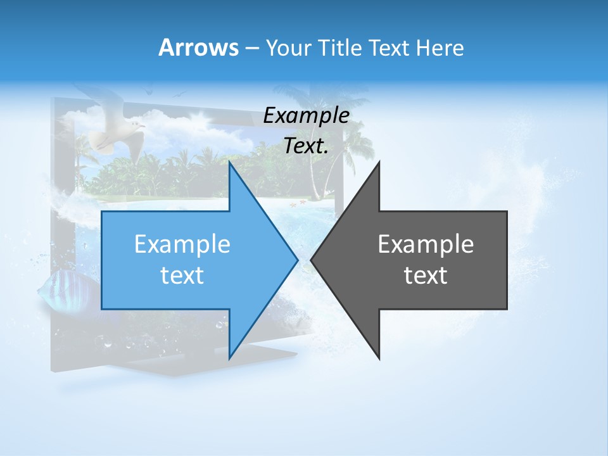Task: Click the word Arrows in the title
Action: pyautogui.click(x=198, y=47)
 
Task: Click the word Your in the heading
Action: pyautogui.click(x=288, y=48)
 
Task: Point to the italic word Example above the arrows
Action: pyautogui.click(x=307, y=115)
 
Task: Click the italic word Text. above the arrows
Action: pyautogui.click(x=307, y=146)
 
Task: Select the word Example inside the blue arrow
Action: pyautogui.click(x=182, y=244)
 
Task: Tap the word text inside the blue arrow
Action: pyautogui.click(x=182, y=275)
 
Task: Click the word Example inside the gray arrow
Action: pyautogui.click(x=426, y=244)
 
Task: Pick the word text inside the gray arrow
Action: pyautogui.click(x=426, y=275)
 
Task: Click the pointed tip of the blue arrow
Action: pyautogui.click(x=296, y=260)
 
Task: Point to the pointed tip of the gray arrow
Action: pyautogui.click(x=312, y=260)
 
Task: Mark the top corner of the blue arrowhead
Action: pyautogui.click(x=229, y=163)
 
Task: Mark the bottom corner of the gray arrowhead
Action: pyautogui.click(x=379, y=358)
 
